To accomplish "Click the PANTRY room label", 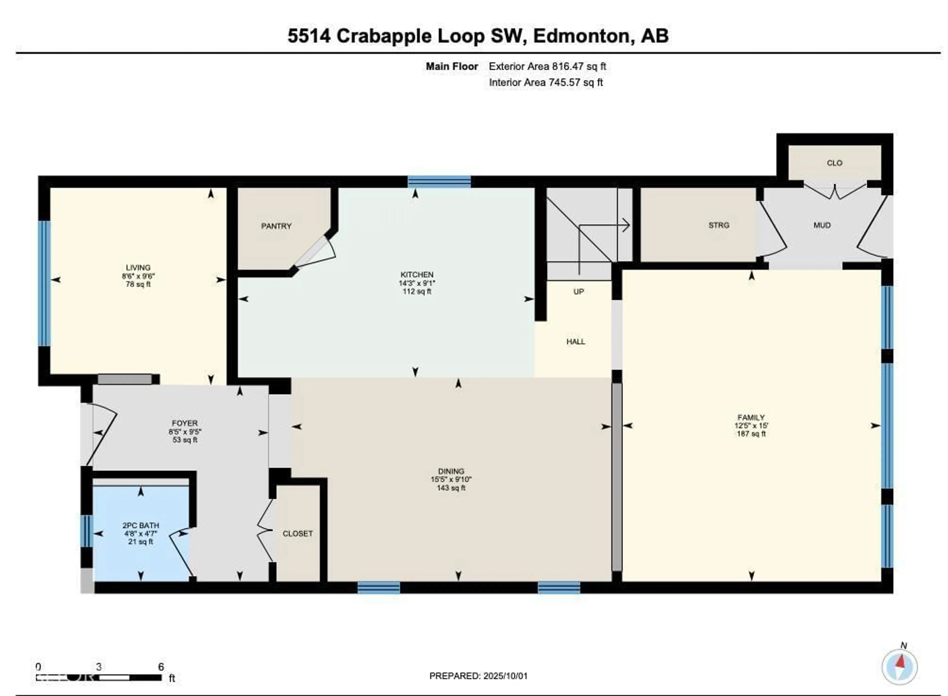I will [276, 226].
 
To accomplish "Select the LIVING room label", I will [138, 268].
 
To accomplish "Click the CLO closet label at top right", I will [834, 163].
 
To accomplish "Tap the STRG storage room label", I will [718, 225].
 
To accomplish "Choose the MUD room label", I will [822, 225].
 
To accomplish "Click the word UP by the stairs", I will [578, 291].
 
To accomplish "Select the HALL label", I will [575, 342].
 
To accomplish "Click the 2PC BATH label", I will [141, 525].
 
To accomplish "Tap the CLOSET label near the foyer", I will [297, 533].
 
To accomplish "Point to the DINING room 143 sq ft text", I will [451, 488].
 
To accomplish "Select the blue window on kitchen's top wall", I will [439, 182].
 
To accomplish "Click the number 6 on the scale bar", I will [160, 667].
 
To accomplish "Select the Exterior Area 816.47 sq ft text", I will [547, 67].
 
